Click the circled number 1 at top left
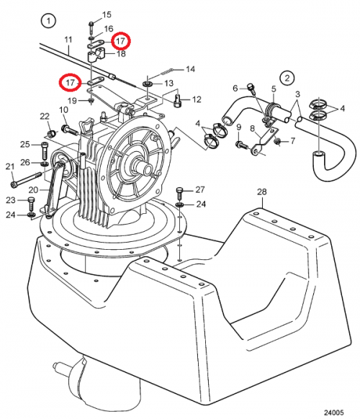48,21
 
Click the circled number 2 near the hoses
287,78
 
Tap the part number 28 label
262,192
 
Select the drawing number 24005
334,413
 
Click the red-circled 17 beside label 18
120,41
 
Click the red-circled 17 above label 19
70,82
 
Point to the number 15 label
107,14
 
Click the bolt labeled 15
91,26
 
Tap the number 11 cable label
68,40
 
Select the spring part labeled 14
166,71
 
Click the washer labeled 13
148,84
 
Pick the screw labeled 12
178,100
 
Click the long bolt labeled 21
27,180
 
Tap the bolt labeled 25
45,151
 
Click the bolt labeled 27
179,194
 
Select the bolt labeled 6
251,89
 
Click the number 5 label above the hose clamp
274,89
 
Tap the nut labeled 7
278,140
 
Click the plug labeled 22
51,132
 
